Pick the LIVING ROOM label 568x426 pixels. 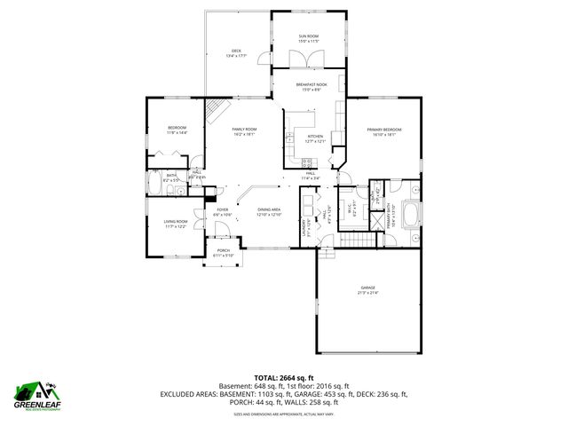pos(175,223)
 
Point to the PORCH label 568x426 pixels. pos(223,253)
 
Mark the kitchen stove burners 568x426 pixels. pos(308,162)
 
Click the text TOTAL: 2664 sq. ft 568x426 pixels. pos(283,377)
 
